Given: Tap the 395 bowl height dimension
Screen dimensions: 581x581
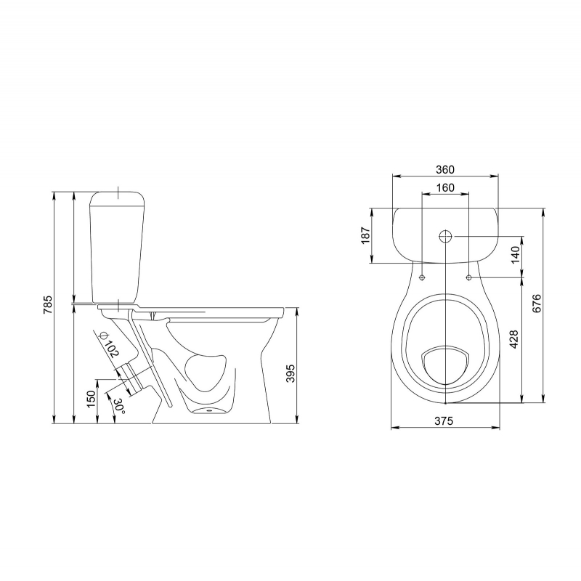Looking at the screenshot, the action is pyautogui.click(x=290, y=373).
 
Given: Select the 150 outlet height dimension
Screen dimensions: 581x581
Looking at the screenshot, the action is pyautogui.click(x=92, y=399).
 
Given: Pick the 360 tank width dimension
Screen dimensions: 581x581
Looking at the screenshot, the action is pyautogui.click(x=444, y=169).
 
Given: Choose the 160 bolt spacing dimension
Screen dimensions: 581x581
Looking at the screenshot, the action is pyautogui.click(x=445, y=187).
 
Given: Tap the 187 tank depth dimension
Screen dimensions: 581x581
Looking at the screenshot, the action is pyautogui.click(x=365, y=235).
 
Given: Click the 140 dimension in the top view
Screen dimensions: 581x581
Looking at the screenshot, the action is pyautogui.click(x=516, y=255).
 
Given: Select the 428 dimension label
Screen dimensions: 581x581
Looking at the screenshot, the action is pyautogui.click(x=514, y=339).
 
